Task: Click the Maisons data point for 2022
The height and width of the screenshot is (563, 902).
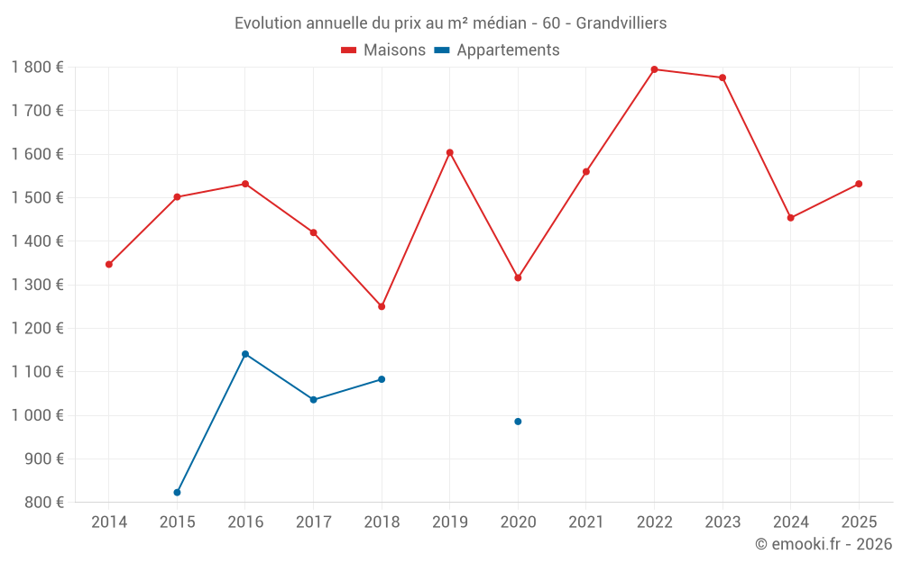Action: [x=654, y=69]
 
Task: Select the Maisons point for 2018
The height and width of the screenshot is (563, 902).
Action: [x=382, y=306]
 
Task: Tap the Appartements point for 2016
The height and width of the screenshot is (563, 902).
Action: [x=245, y=354]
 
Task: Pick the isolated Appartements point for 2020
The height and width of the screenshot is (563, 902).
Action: [x=518, y=422]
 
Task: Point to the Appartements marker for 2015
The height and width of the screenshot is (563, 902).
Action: [x=177, y=493]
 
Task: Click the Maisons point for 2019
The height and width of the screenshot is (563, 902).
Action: [x=450, y=152]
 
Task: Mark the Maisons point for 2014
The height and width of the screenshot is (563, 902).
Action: [x=109, y=264]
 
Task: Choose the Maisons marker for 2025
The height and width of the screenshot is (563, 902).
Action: [x=859, y=184]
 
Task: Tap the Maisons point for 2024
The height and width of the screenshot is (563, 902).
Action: [x=790, y=218]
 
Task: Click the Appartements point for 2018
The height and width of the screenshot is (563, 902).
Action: [x=382, y=379]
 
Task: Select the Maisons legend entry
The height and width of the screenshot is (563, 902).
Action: [x=383, y=50]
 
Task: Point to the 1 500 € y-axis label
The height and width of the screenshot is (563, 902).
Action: [x=38, y=198]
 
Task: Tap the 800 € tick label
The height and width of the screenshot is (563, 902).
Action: [x=43, y=503]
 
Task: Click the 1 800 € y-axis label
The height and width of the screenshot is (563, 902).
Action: [x=38, y=68]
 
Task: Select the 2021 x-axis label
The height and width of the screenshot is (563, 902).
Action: [x=586, y=522]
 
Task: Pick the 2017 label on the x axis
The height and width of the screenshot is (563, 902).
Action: [x=313, y=522]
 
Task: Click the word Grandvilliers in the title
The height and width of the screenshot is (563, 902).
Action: [x=621, y=23]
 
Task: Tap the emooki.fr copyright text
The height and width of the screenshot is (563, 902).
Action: [x=824, y=544]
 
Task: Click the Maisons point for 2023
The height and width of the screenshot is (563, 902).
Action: [x=723, y=77]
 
